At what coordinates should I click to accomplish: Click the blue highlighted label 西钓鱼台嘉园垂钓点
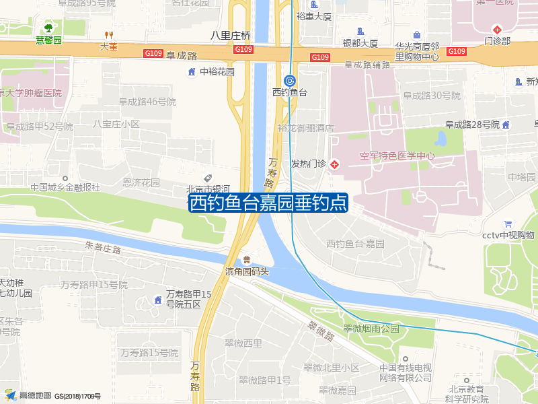(268, 203)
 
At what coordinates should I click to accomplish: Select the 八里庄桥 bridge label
(230, 35)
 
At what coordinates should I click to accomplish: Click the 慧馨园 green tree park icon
(48, 28)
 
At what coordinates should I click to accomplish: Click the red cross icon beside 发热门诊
(334, 164)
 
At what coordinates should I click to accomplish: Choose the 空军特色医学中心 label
(397, 156)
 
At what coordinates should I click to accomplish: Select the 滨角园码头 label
(247, 271)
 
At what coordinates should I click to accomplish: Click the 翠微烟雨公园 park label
(371, 329)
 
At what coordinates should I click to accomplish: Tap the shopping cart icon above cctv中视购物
(508, 224)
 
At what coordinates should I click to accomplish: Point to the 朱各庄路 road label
(103, 248)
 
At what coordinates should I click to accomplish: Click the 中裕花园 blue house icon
(192, 71)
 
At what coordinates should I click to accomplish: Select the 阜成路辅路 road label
(367, 65)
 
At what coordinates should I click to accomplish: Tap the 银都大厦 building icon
(360, 31)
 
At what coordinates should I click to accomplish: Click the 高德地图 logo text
(35, 395)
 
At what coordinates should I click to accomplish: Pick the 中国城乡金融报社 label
(65, 187)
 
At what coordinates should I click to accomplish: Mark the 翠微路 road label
(321, 331)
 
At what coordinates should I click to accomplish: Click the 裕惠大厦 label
(314, 15)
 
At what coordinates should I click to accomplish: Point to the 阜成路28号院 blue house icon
(506, 124)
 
